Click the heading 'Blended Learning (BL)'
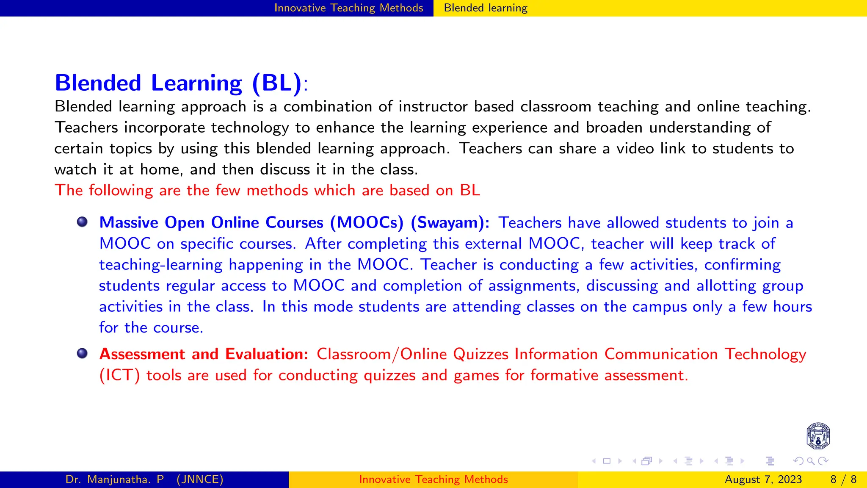[x=178, y=83]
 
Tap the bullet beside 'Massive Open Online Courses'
[x=82, y=222]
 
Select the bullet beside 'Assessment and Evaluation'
[x=82, y=353]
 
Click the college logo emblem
[x=818, y=436]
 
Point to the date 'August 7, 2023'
[x=763, y=480]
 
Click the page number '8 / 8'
[x=843, y=480]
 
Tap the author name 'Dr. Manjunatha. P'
[x=115, y=480]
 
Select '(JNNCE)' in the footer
[x=200, y=480]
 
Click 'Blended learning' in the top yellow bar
[x=486, y=8]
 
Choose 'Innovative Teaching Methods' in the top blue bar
[x=348, y=8]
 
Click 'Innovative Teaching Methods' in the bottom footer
[x=433, y=480]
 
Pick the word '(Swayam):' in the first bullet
[x=450, y=223]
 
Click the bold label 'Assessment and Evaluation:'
[x=204, y=354]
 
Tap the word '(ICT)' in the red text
[x=119, y=375]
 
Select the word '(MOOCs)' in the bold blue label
[x=367, y=223]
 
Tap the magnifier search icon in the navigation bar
[x=811, y=461]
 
